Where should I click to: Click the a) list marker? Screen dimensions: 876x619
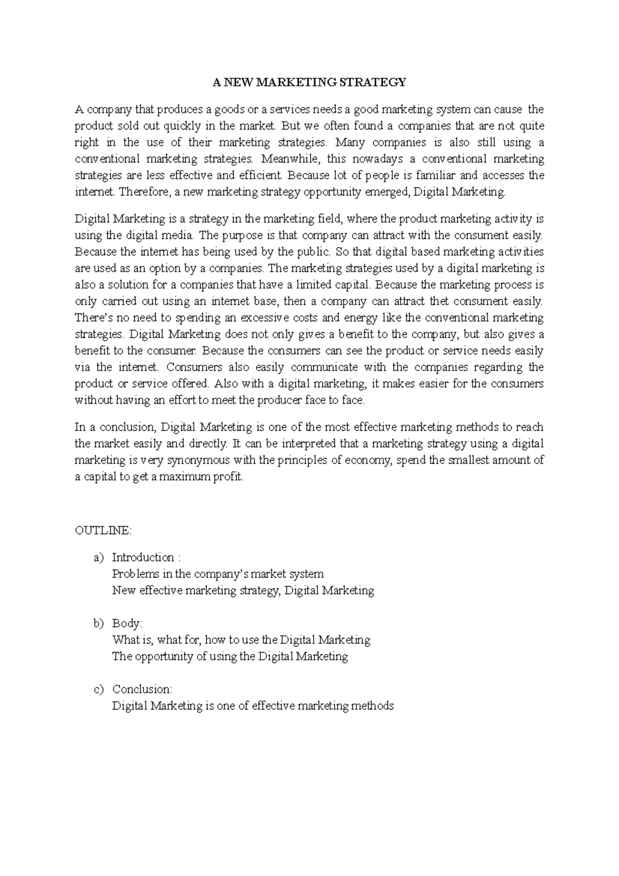pos(99,557)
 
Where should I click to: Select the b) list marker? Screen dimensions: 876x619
pos(99,623)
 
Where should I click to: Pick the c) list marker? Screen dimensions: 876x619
pos(99,689)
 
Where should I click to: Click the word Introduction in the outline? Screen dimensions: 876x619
pos(143,557)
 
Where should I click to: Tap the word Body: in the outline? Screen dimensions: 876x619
pos(127,623)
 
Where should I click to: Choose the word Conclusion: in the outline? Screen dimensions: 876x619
pos(142,689)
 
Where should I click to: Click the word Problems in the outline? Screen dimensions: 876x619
pos(132,574)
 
